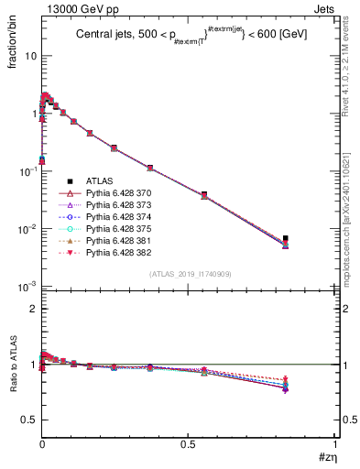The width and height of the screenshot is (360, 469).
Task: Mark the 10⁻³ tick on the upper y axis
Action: coord(28,287)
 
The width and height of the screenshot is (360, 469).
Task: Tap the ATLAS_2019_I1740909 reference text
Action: coord(189,274)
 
